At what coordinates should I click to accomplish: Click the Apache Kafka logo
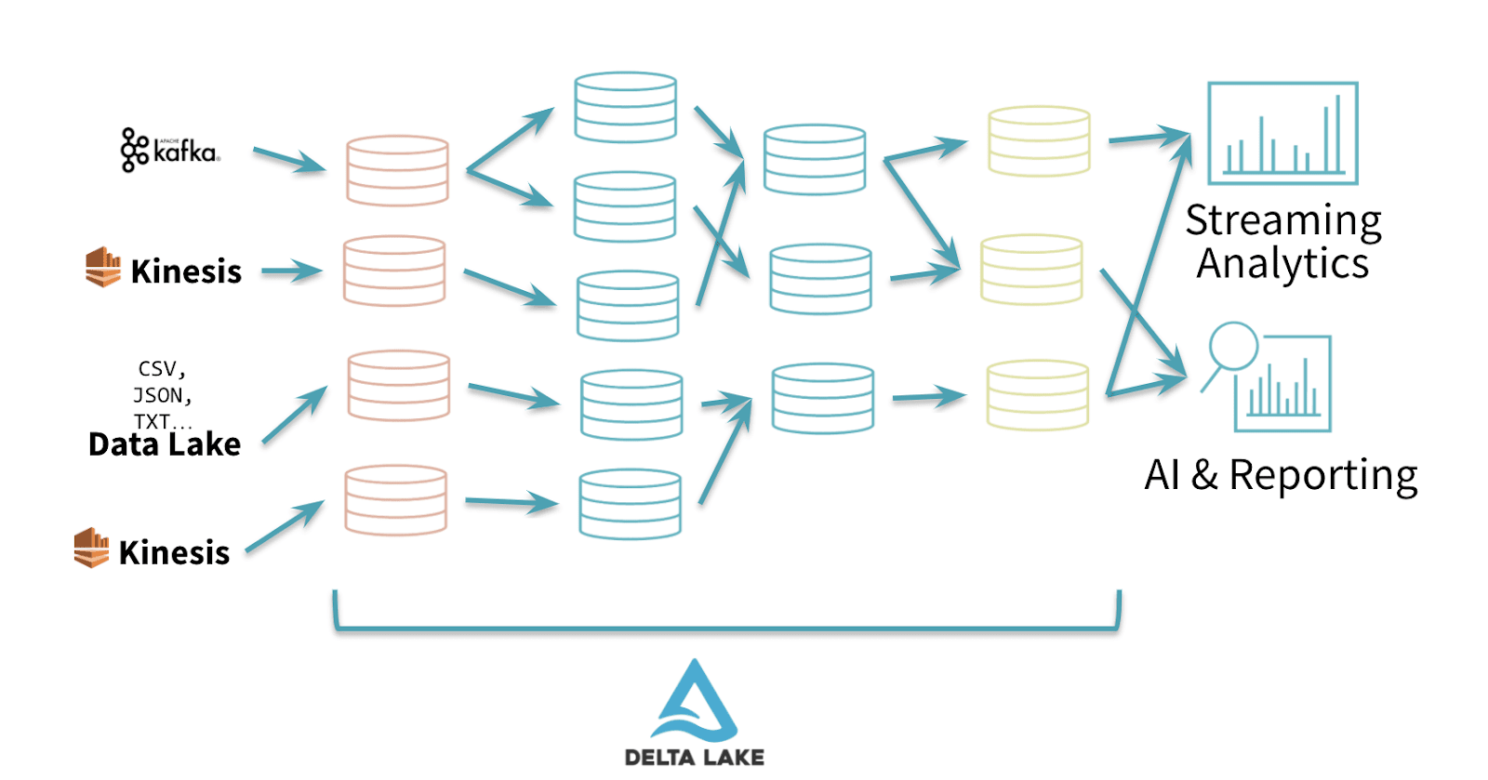click(170, 150)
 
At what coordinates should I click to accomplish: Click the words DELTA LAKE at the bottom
click(695, 757)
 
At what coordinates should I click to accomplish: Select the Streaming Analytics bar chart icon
click(1282, 133)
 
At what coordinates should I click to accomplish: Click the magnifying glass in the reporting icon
click(1232, 347)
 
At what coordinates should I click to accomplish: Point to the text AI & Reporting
click(1281, 475)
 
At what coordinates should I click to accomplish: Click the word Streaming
click(1283, 220)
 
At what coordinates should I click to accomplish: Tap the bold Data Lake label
click(165, 444)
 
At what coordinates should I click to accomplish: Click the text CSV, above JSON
click(162, 369)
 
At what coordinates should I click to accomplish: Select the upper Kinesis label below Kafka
click(186, 271)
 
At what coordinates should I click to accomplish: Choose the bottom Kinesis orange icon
click(91, 548)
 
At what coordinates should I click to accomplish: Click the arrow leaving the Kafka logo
click(289, 159)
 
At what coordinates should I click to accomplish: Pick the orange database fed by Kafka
click(397, 170)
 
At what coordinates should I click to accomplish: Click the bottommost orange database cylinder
click(395, 500)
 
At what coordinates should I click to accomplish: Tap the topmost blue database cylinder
click(625, 107)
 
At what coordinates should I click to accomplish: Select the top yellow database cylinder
click(1039, 141)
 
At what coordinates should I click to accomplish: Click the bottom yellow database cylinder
click(1037, 395)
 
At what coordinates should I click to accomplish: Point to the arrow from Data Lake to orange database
click(295, 415)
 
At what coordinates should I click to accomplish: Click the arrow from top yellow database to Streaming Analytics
click(1149, 139)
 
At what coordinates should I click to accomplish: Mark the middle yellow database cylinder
click(1031, 270)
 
